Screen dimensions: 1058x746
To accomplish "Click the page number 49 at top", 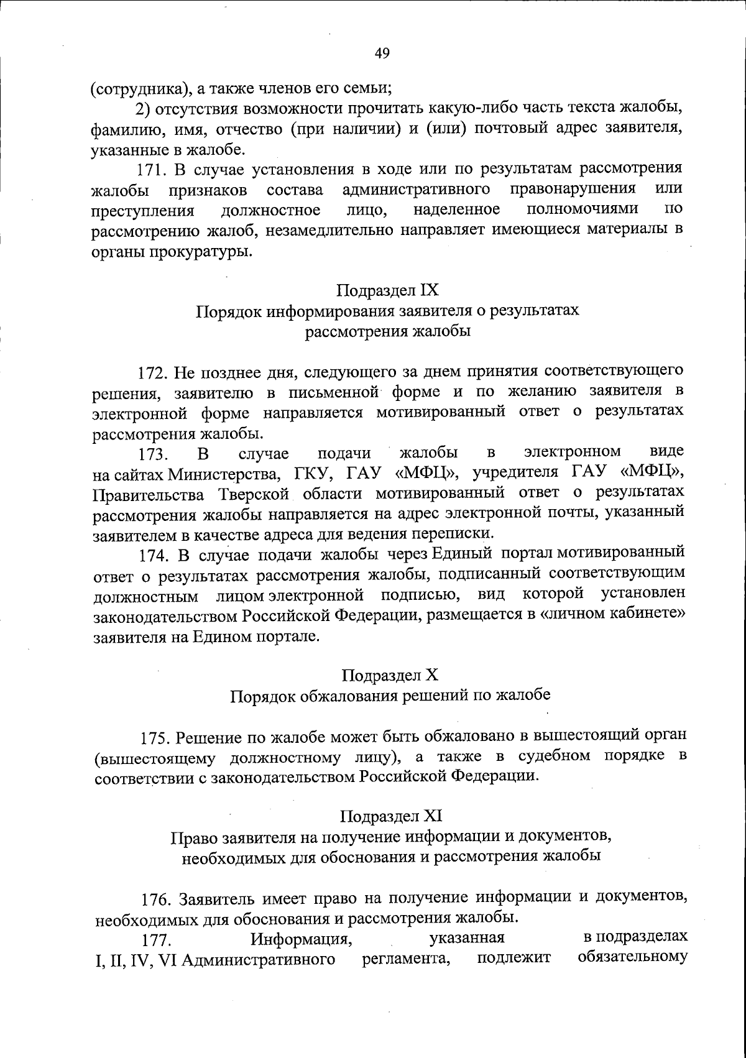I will click(x=382, y=54).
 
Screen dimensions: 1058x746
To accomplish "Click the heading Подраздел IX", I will click(x=388, y=290).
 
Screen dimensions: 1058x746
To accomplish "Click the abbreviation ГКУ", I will click(x=309, y=474).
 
